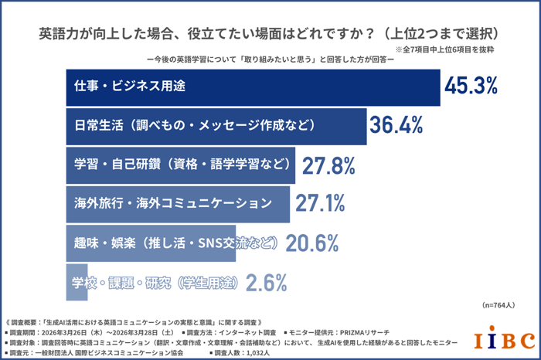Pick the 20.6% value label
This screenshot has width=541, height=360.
click(312, 243)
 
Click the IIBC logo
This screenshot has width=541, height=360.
click(503, 340)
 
